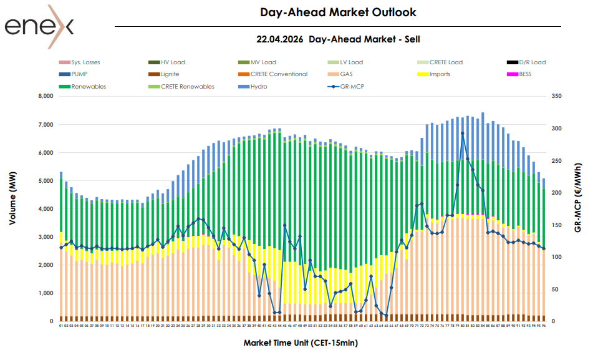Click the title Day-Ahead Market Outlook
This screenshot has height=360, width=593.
(338, 12)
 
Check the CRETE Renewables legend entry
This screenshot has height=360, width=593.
(187, 86)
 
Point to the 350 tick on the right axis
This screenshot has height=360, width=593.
(557, 97)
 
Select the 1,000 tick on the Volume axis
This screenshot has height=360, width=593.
(46, 293)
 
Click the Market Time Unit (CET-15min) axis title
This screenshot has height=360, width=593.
(301, 343)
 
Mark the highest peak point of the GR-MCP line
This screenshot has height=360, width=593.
(462, 133)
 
